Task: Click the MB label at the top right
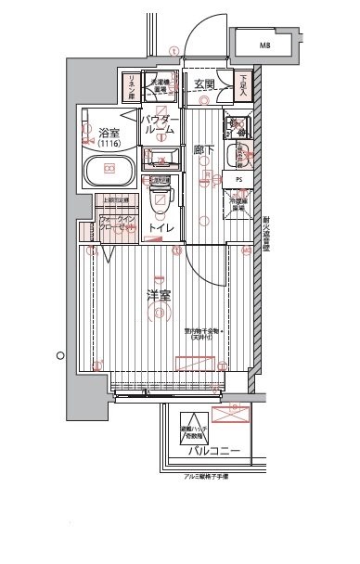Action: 265,44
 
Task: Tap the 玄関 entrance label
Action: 205,84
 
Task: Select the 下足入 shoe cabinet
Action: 242,85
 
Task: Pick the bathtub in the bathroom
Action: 109,171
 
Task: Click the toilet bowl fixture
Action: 161,196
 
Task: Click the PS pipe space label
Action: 238,179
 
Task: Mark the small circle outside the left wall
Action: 58,354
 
